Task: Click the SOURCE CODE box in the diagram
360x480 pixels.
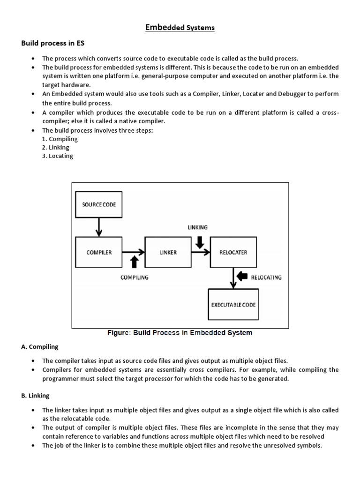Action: (98, 205)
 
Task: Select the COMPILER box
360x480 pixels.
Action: (99, 252)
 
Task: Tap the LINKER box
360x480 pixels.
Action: (168, 252)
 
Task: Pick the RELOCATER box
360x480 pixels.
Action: (233, 252)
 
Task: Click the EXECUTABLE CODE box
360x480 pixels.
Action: (233, 305)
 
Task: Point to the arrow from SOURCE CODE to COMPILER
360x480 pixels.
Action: (98, 227)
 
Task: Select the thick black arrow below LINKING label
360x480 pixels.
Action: (199, 241)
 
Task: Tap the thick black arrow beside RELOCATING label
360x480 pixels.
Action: (242, 277)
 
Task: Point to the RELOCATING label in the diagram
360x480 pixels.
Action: (266, 277)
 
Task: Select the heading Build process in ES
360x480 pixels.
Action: (52, 43)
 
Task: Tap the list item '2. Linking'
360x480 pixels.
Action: (56, 147)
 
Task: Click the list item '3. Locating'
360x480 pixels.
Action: (58, 156)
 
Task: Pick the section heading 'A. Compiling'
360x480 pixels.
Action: (40, 347)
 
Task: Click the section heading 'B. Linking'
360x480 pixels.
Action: (36, 396)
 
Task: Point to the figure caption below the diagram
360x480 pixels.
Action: (180, 333)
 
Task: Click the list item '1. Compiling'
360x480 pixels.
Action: (60, 139)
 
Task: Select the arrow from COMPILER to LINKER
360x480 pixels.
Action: (134, 252)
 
